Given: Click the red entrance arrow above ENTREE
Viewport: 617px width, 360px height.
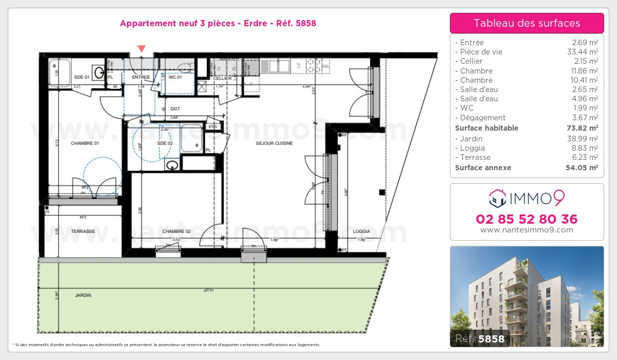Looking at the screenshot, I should [141, 49].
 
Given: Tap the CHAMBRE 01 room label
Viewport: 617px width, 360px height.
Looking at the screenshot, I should [85, 143].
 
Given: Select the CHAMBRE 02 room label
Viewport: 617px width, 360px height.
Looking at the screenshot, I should [176, 231].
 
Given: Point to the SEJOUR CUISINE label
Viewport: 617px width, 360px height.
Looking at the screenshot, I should [275, 143].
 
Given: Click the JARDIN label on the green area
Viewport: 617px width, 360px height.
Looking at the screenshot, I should [83, 295].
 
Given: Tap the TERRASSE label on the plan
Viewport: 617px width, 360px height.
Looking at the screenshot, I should [83, 231].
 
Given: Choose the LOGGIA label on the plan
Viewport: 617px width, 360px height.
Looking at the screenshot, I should [361, 231].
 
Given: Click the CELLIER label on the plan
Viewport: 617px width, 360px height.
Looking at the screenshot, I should [223, 78].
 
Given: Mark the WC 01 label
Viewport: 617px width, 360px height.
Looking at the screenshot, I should [175, 77].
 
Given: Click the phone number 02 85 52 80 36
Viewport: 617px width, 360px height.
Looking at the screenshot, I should [527, 219].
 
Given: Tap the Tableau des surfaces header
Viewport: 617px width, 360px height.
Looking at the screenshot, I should [527, 23].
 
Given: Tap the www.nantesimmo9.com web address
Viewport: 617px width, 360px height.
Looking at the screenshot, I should [527, 230].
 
